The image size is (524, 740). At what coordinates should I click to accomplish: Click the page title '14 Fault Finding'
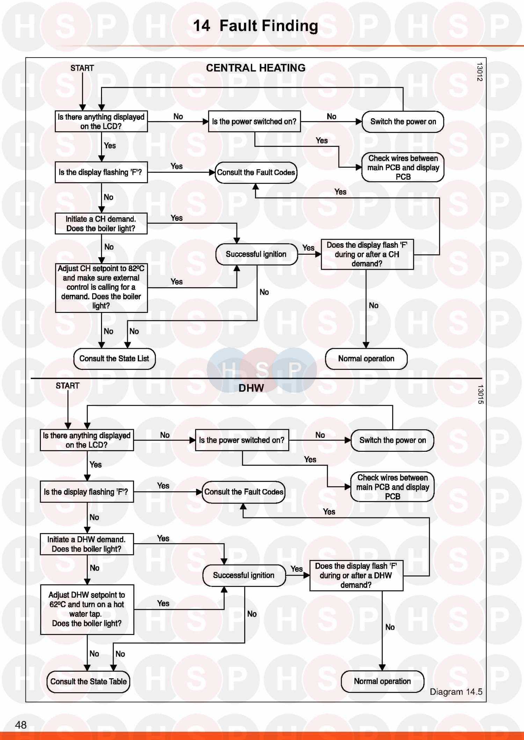pyautogui.click(x=255, y=26)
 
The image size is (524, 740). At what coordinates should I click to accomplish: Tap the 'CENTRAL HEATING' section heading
pyautogui.click(x=255, y=68)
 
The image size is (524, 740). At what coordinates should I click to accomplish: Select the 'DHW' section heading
pyautogui.click(x=251, y=388)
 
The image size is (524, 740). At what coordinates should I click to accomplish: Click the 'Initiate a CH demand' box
pyautogui.click(x=101, y=224)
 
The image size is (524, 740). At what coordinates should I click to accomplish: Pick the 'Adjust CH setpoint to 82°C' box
pyautogui.click(x=101, y=287)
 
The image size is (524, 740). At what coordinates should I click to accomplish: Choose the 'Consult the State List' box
pyautogui.click(x=114, y=359)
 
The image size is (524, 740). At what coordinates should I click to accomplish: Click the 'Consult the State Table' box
pyautogui.click(x=88, y=681)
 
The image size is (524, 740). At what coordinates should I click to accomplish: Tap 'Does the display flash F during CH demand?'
pyautogui.click(x=367, y=254)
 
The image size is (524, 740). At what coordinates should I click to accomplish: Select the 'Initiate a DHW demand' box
pyautogui.click(x=87, y=544)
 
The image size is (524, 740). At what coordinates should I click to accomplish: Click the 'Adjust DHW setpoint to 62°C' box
pyautogui.click(x=87, y=609)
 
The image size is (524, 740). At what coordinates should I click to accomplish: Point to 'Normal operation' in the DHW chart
pyautogui.click(x=382, y=681)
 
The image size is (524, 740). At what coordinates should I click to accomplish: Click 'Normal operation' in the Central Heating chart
pyautogui.click(x=366, y=359)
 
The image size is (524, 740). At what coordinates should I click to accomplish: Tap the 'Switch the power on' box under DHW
pyautogui.click(x=392, y=440)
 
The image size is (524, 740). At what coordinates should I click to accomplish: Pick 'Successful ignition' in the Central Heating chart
pyautogui.click(x=256, y=254)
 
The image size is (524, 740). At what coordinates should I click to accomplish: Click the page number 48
pyautogui.click(x=21, y=725)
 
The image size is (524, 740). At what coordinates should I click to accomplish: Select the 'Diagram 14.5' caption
pyautogui.click(x=456, y=692)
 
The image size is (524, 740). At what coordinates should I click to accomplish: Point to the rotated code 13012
pyautogui.click(x=480, y=72)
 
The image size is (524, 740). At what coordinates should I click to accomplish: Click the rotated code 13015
pyautogui.click(x=481, y=394)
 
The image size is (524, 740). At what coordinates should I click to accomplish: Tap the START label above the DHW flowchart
pyautogui.click(x=67, y=386)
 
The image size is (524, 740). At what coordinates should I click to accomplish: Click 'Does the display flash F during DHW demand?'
pyautogui.click(x=356, y=575)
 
